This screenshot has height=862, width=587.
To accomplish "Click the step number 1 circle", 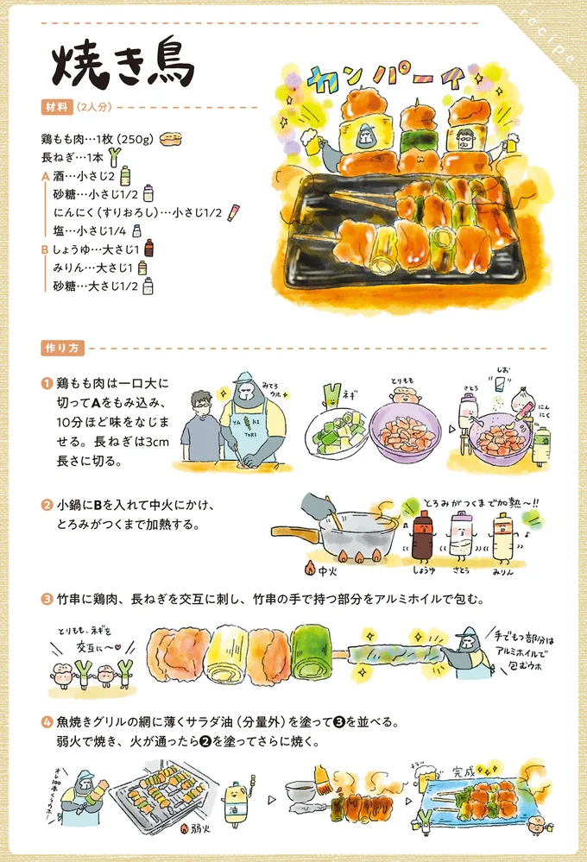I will [45, 383].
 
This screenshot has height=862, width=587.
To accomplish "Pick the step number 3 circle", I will [46, 598].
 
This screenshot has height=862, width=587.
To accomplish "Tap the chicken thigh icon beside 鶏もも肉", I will [171, 139].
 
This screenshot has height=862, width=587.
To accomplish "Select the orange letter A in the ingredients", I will [45, 175].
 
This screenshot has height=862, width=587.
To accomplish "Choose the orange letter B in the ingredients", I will [45, 249].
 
